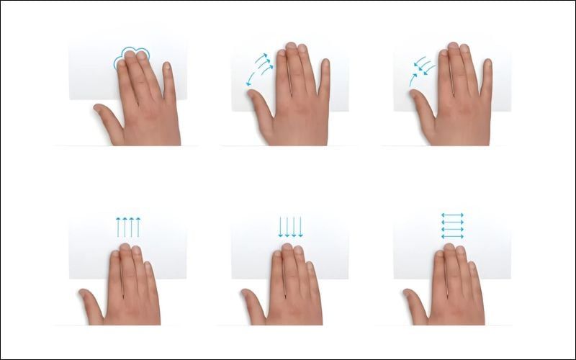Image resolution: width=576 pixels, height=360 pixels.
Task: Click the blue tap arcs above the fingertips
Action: click(132, 54)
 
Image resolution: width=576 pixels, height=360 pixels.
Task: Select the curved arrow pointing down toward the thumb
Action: click(251, 78)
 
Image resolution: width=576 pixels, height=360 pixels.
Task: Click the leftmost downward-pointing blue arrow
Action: click(280, 226)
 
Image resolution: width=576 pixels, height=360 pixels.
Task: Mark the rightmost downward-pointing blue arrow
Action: click(300, 226)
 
